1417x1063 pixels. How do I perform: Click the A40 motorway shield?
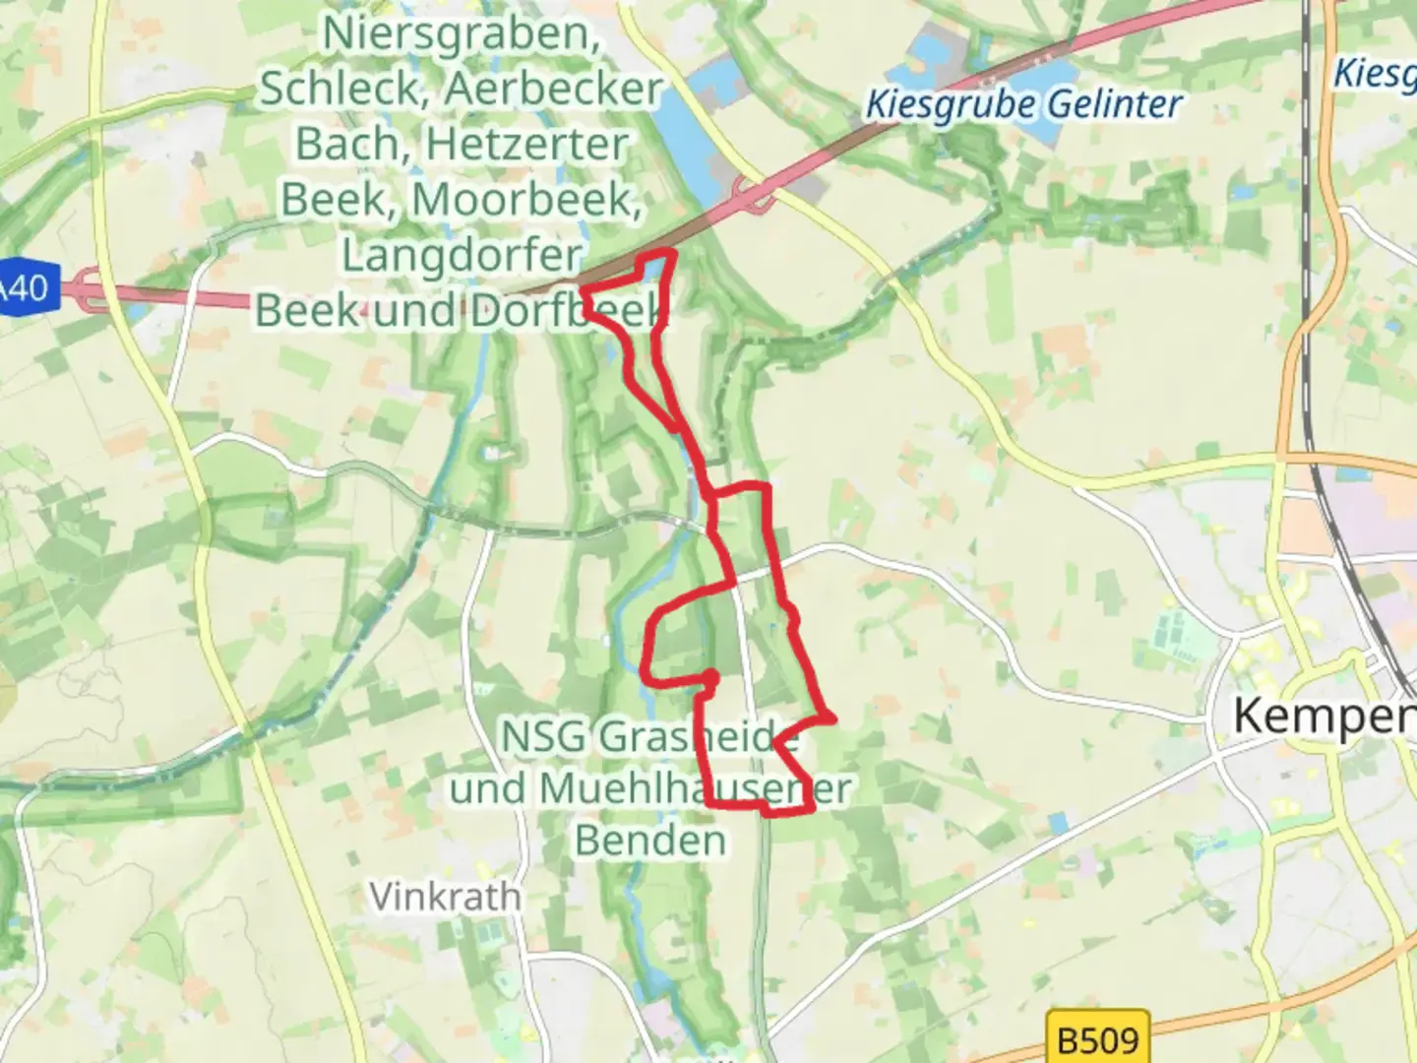[24, 288]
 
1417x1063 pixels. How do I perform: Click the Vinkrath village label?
[445, 897]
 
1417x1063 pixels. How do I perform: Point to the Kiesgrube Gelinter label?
[1023, 104]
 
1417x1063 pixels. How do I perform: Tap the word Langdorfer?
[462, 256]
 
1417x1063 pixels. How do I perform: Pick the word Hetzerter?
[526, 145]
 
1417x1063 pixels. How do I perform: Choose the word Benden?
[650, 841]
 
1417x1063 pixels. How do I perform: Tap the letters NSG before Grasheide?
[543, 736]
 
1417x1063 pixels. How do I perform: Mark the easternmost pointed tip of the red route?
[833, 719]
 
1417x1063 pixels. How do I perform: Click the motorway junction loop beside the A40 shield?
[93, 290]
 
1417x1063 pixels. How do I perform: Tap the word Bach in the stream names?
[345, 145]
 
